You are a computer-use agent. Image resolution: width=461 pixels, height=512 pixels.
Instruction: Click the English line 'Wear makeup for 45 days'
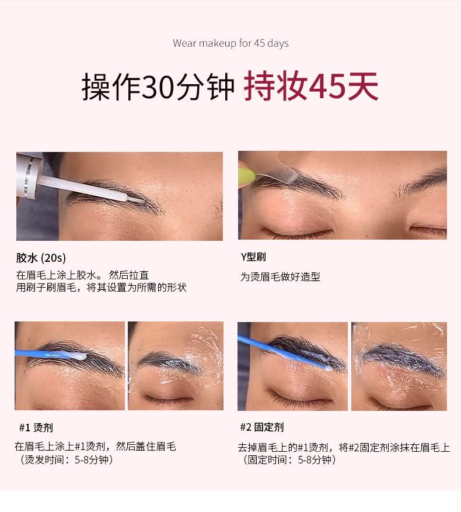[230, 43]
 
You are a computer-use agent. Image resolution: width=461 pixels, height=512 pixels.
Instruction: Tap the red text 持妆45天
[310, 88]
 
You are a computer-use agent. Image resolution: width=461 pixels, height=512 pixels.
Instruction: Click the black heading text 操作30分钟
[158, 88]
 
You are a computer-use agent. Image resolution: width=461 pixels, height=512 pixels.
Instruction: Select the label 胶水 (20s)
[41, 257]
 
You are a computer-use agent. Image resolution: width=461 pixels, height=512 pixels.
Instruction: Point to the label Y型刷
[253, 257]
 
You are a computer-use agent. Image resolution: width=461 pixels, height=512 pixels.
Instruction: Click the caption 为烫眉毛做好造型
[281, 277]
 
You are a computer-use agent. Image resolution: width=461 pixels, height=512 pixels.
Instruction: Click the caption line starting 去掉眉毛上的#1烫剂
[344, 447]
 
